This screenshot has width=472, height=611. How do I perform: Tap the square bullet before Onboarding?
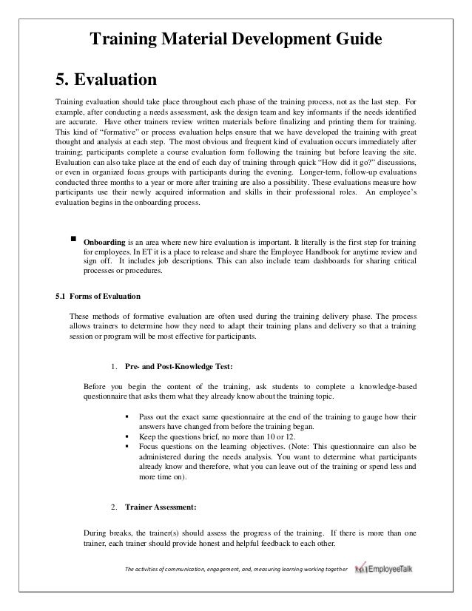pyautogui.click(x=74, y=240)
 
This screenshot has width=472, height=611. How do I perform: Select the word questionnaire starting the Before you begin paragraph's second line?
pyautogui.click(x=108, y=396)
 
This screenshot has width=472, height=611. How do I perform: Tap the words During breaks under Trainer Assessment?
pyautogui.click(x=108, y=533)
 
